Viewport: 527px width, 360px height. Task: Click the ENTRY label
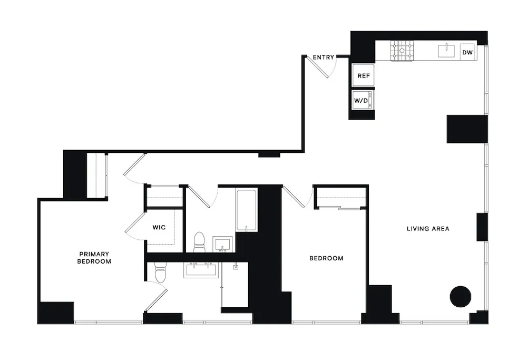pyautogui.click(x=323, y=57)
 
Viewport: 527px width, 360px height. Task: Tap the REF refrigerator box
pyautogui.click(x=364, y=75)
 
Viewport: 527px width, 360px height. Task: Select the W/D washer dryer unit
pyautogui.click(x=363, y=99)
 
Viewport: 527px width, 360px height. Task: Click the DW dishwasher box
pyautogui.click(x=467, y=52)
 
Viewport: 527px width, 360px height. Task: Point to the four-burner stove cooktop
pyautogui.click(x=403, y=51)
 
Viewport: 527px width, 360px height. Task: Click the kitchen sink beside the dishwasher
pyautogui.click(x=446, y=51)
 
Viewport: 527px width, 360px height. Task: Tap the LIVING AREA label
pyautogui.click(x=428, y=229)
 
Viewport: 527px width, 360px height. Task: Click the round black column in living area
pyautogui.click(x=460, y=296)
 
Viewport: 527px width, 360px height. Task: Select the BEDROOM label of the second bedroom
pyautogui.click(x=326, y=258)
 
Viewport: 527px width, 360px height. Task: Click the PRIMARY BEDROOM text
pyautogui.click(x=94, y=258)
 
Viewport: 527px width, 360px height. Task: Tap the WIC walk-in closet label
pyautogui.click(x=159, y=228)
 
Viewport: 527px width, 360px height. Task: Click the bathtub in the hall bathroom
pyautogui.click(x=246, y=210)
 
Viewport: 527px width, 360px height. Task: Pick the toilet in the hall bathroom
pyautogui.click(x=200, y=242)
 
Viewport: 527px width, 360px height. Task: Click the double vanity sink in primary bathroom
pyautogui.click(x=200, y=270)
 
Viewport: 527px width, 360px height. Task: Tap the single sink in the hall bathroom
pyautogui.click(x=223, y=244)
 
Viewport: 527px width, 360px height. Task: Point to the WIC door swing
pyautogui.click(x=134, y=224)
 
